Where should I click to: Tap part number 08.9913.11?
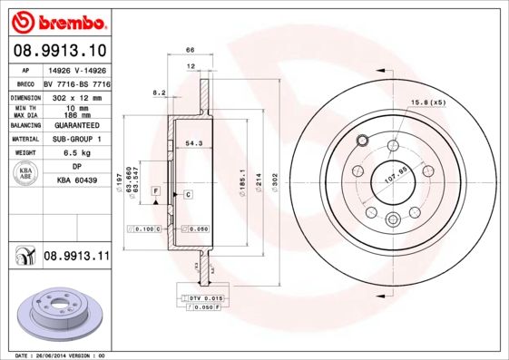point(76,257)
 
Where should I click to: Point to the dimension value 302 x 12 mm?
point(76,95)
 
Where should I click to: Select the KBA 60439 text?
point(76,180)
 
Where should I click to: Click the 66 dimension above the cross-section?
point(191,52)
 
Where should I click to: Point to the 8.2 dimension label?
point(159,92)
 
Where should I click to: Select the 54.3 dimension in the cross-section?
point(193,143)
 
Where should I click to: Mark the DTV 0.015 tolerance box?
point(207,297)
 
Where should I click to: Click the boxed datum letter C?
point(187,195)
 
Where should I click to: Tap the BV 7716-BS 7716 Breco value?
point(76,82)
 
